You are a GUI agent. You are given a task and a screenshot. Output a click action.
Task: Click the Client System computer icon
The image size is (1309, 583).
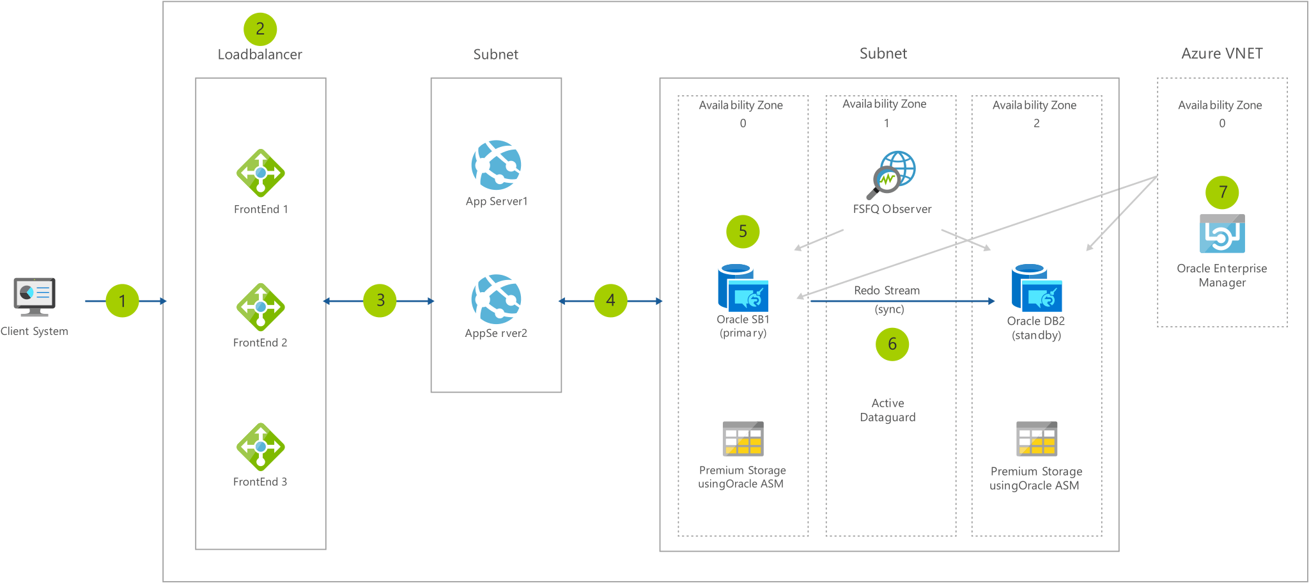(x=35, y=297)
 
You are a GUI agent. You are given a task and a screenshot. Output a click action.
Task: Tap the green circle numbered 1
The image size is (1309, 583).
(x=122, y=300)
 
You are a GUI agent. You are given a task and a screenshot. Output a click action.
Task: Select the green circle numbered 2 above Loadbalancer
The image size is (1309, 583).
(x=260, y=29)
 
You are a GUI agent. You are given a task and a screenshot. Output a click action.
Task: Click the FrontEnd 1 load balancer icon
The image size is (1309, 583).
(x=260, y=173)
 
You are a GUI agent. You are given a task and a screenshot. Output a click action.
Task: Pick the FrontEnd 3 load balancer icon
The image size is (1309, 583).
(x=260, y=446)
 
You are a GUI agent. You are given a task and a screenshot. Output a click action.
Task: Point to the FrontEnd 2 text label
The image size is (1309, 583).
(x=260, y=343)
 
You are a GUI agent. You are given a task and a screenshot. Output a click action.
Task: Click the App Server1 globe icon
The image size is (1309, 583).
(x=496, y=165)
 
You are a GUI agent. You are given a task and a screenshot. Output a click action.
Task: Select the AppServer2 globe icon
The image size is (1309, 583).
(x=496, y=299)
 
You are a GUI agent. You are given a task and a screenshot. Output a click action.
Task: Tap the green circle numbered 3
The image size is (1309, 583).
(x=380, y=300)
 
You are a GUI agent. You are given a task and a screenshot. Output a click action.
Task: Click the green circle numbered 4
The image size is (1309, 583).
(x=610, y=300)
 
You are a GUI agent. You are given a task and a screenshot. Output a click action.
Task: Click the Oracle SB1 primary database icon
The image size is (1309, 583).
(x=743, y=288)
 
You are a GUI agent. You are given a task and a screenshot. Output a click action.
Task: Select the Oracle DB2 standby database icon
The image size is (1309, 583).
(x=1036, y=288)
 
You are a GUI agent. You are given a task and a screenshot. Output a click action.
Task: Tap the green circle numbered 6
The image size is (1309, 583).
(x=892, y=345)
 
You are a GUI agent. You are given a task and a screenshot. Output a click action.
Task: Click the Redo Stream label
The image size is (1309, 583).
(x=887, y=290)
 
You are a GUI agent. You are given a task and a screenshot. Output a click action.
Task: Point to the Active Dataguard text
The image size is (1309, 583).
(x=888, y=410)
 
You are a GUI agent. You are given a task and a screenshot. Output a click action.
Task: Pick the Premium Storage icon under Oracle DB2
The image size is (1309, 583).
(x=1037, y=439)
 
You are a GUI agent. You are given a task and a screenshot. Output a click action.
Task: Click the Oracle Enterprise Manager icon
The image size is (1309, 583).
(x=1222, y=234)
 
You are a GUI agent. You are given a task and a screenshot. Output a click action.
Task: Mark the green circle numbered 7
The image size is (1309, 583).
(x=1222, y=192)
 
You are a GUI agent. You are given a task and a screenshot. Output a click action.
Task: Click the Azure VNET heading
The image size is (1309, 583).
(x=1222, y=54)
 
